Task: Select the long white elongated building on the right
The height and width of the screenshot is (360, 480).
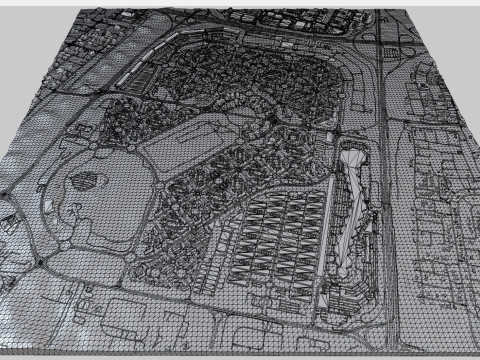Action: [353, 205]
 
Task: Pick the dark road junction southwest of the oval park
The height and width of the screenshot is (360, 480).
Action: [40, 262]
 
